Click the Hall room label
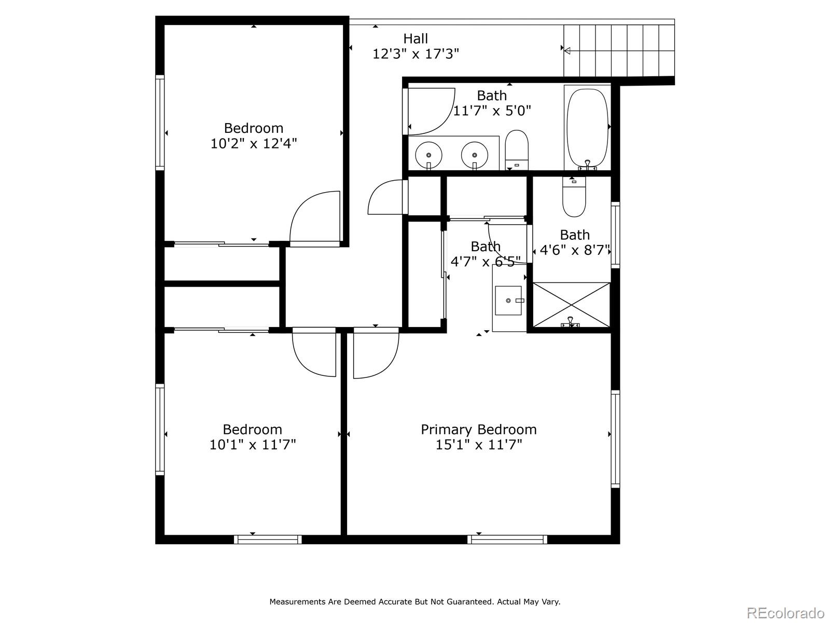(416, 38)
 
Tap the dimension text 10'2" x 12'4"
(253, 144)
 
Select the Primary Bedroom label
(479, 429)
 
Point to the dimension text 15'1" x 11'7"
(479, 444)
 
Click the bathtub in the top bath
(588, 128)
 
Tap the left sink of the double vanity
(428, 155)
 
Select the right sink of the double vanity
(474, 155)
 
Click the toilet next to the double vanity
(517, 150)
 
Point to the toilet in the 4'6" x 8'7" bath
(574, 197)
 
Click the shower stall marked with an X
(571, 305)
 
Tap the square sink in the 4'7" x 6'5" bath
(508, 301)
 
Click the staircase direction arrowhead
(567, 50)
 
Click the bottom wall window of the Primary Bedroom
(507, 539)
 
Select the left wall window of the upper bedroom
(160, 122)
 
